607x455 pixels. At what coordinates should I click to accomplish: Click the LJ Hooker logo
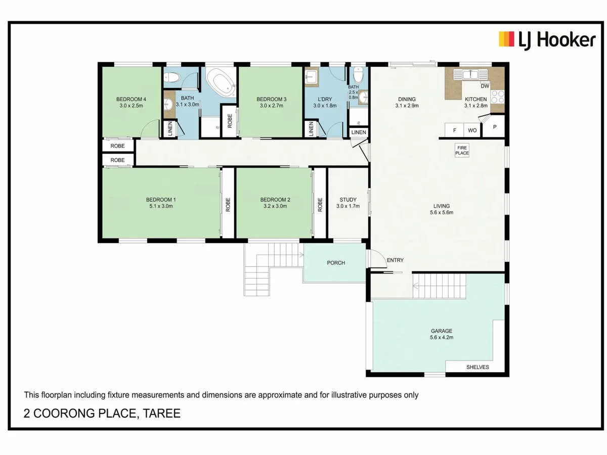tap(547, 39)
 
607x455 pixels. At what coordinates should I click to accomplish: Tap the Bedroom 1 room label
tap(160, 199)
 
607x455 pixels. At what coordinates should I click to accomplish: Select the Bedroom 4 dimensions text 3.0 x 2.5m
tap(133, 106)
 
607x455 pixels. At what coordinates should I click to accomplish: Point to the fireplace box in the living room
tap(462, 150)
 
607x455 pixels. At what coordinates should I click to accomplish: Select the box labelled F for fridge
tap(454, 130)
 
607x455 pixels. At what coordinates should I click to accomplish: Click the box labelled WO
tap(472, 130)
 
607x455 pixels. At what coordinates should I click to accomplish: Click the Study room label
tap(348, 199)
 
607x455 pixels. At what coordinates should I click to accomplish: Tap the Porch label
tap(336, 262)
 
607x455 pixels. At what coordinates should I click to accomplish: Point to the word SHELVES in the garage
tap(477, 367)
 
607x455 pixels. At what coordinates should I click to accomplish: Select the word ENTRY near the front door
tap(395, 260)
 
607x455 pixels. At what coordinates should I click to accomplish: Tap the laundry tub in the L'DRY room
tap(311, 77)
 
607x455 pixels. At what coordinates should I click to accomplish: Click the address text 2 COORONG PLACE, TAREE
tap(102, 414)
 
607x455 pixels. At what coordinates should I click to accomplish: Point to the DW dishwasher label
tap(485, 86)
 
